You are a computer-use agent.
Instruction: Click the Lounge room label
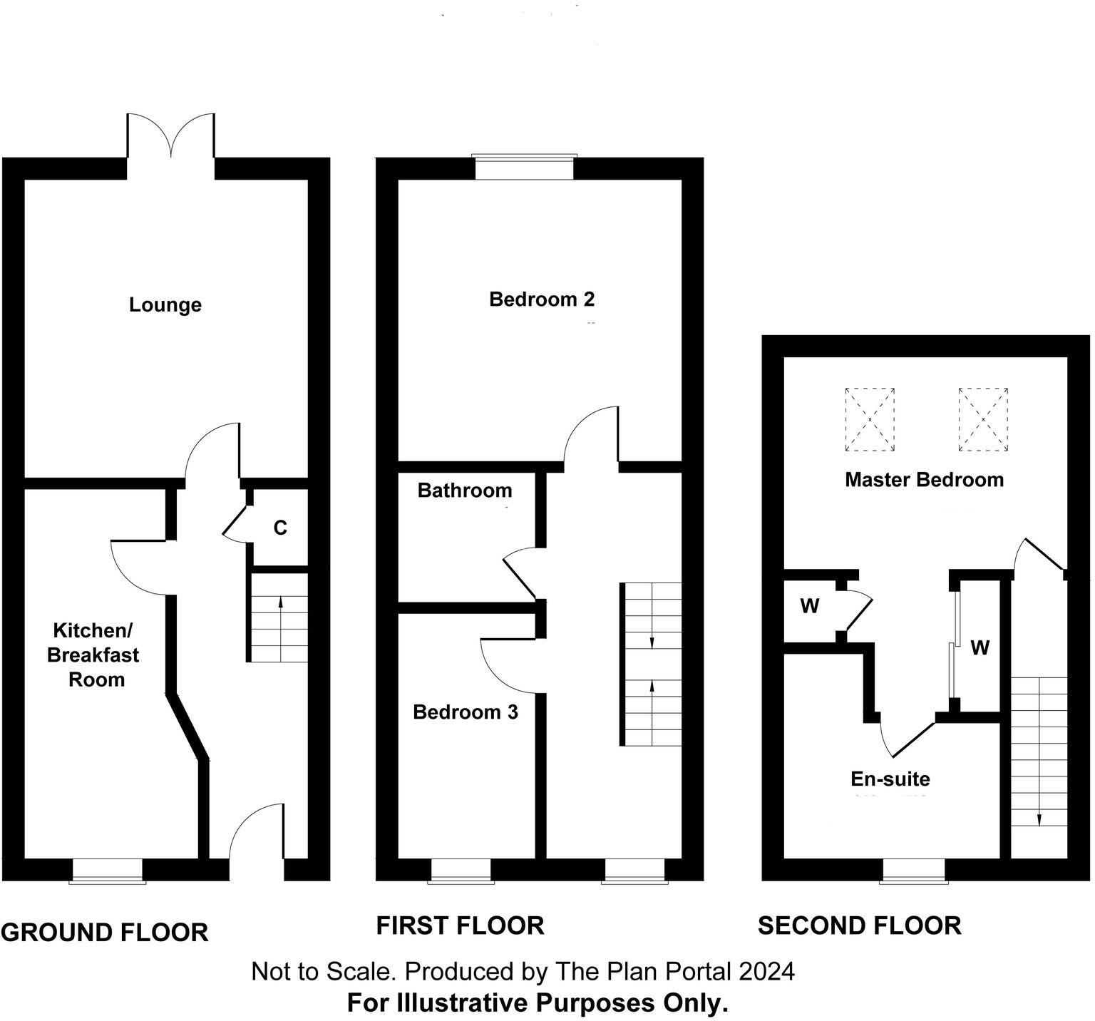click(165, 305)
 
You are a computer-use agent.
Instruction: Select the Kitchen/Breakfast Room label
click(93, 655)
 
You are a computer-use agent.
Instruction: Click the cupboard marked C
click(280, 528)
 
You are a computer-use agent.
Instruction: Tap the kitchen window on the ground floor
click(108, 871)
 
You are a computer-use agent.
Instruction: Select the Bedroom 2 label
click(541, 299)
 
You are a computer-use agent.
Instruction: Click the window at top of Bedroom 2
click(525, 168)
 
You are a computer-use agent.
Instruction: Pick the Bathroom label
click(464, 491)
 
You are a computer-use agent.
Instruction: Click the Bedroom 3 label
click(465, 712)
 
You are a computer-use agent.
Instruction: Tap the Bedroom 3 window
click(461, 871)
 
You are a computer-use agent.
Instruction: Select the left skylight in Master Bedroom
click(869, 419)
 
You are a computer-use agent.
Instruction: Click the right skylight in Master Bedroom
click(983, 419)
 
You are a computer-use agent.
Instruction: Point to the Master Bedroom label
click(924, 480)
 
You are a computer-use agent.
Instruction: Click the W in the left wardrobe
click(809, 607)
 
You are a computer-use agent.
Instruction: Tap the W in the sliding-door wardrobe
click(980, 647)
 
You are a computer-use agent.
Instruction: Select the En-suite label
click(890, 779)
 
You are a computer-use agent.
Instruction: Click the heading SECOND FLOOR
click(859, 926)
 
